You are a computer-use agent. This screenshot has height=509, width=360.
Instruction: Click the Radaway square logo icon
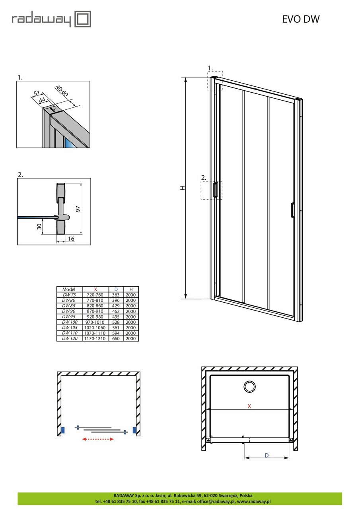[83, 19]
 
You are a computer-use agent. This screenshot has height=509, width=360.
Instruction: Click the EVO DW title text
[301, 19]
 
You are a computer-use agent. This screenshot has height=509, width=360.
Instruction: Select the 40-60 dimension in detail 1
[62, 91]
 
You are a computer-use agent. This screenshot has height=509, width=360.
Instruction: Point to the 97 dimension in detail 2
[78, 209]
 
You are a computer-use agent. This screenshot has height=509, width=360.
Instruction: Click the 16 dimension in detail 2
[71, 238]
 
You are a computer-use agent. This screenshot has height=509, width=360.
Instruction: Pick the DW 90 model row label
[69, 311]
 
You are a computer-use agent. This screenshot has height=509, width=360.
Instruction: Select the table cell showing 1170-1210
[95, 338]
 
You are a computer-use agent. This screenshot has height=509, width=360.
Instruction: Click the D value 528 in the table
[116, 322]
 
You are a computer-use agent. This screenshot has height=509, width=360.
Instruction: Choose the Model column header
[69, 289]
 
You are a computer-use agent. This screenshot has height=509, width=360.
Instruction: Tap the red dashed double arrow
[98, 439]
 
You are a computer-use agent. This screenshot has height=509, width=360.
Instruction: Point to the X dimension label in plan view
[249, 406]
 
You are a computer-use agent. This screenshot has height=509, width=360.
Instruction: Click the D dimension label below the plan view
[267, 455]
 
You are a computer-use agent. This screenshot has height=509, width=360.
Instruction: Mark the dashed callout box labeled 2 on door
[211, 190]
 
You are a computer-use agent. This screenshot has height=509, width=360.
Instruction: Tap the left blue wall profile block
[62, 430]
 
